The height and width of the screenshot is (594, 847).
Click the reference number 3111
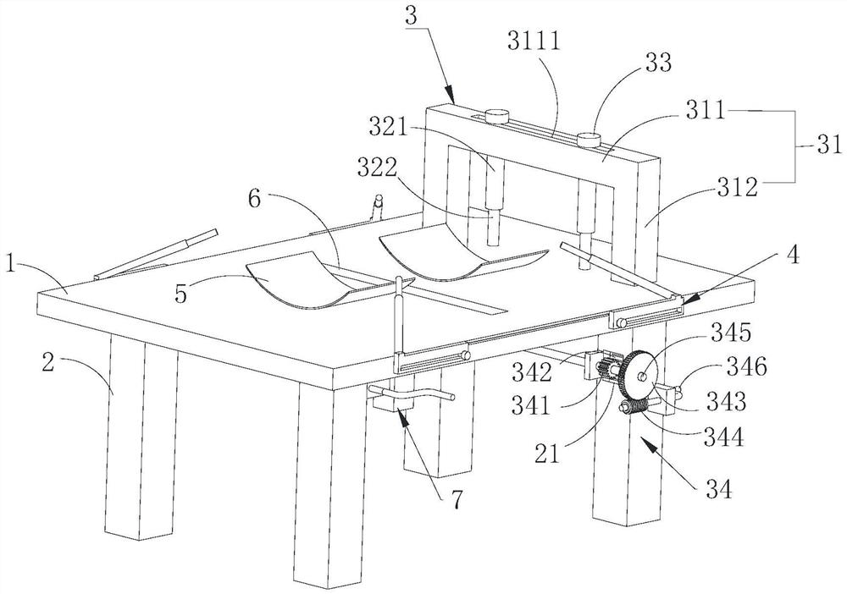click(x=534, y=40)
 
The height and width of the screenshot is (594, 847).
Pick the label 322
click(x=378, y=169)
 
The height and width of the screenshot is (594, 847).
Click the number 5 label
click(x=182, y=294)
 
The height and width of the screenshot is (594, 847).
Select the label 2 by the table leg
click(x=48, y=363)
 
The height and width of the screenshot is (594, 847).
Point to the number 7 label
click(x=457, y=499)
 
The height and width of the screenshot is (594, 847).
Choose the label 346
click(x=746, y=367)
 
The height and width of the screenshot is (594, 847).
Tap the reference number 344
click(x=724, y=437)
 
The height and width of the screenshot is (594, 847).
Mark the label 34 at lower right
click(x=718, y=490)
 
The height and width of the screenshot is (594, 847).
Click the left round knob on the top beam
click(x=497, y=116)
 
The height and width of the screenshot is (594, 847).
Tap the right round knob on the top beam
click(x=590, y=140)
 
